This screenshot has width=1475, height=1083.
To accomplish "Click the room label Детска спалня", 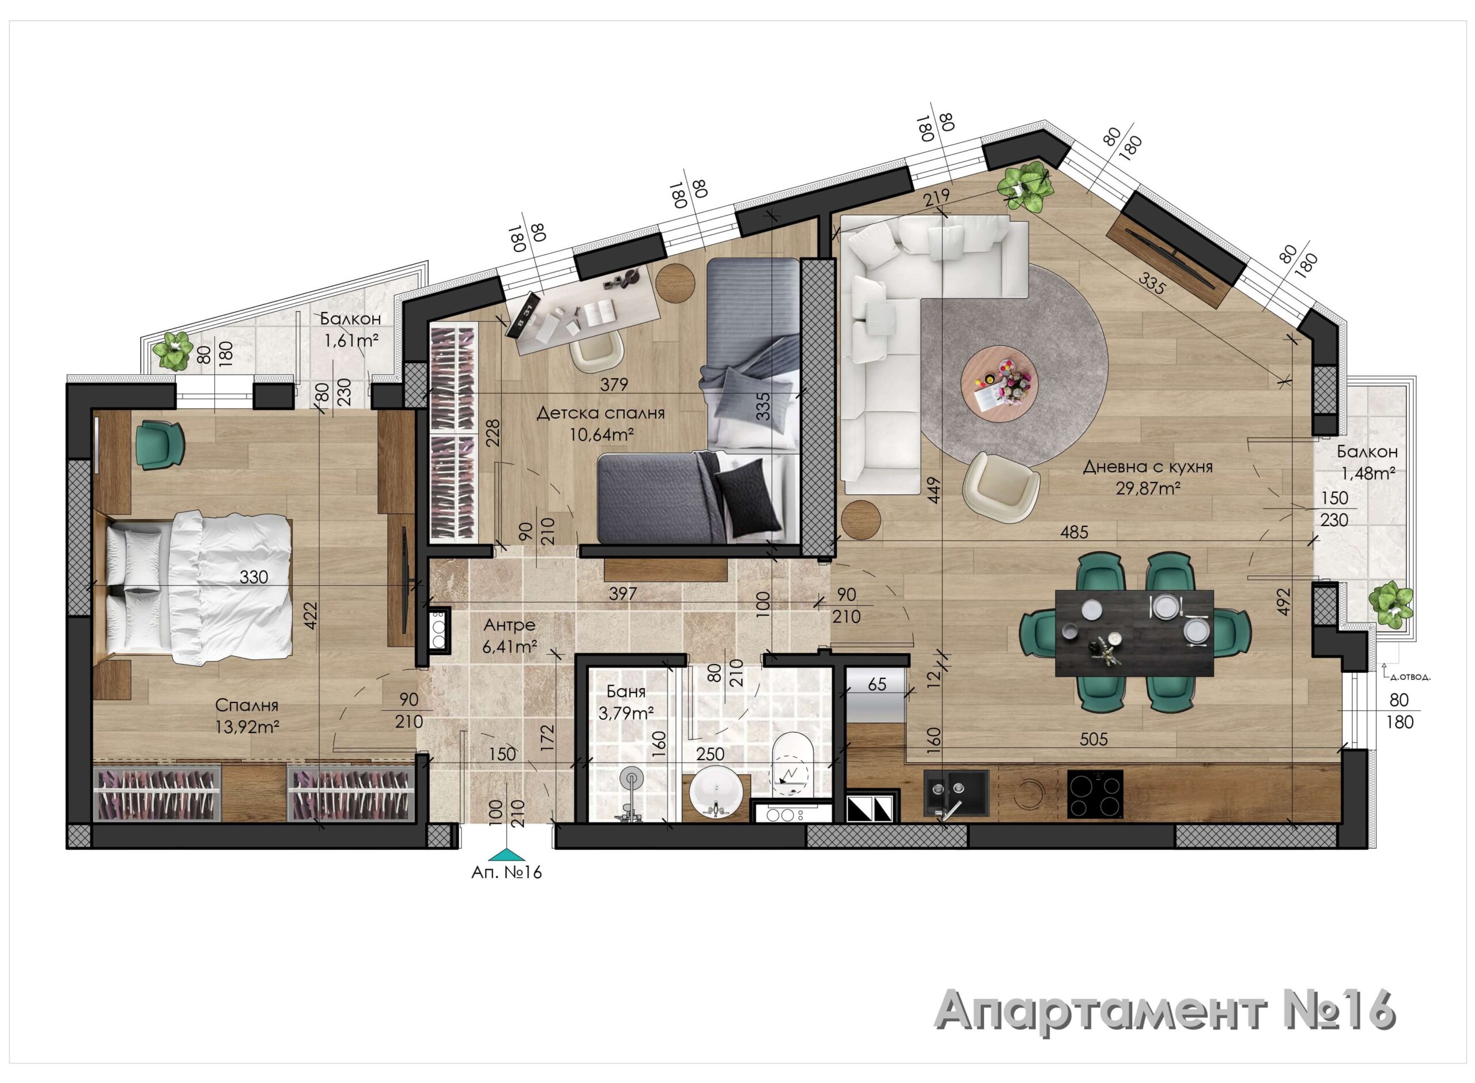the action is (600, 414).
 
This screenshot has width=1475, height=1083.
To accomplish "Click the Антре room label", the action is (509, 625).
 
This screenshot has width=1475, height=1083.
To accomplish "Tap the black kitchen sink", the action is (956, 794).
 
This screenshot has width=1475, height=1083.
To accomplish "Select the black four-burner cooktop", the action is (1095, 794).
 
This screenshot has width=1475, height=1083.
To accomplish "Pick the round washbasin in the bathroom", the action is (716, 791).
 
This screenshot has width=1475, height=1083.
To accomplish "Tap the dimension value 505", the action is (1093, 739).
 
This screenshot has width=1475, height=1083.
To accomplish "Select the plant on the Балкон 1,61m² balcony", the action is (172, 352).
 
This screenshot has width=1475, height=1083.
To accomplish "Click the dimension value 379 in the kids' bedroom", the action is (614, 384).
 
